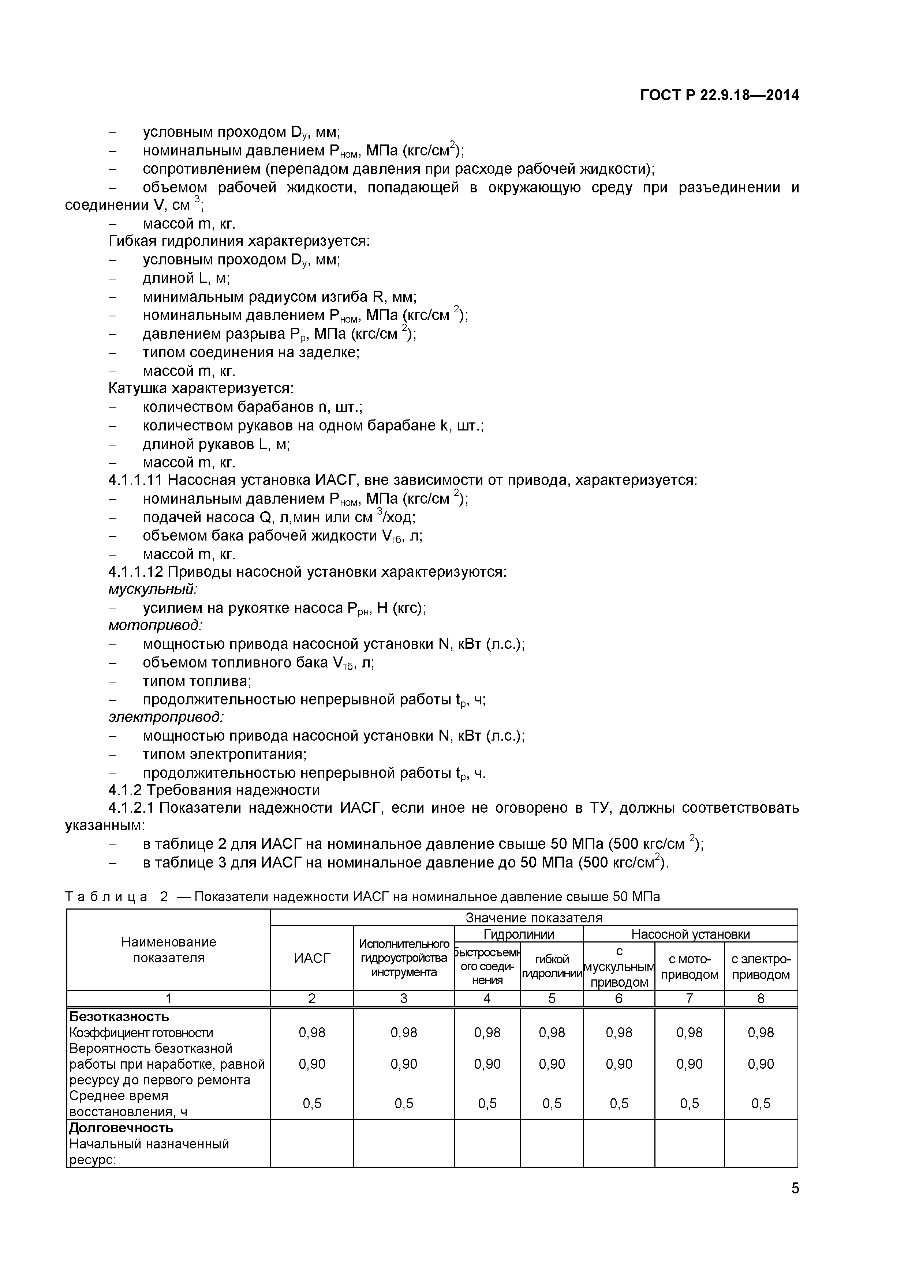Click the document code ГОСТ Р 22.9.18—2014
[x=719, y=95]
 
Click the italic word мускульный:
[x=152, y=589]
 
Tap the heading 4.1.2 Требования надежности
[x=214, y=790]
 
